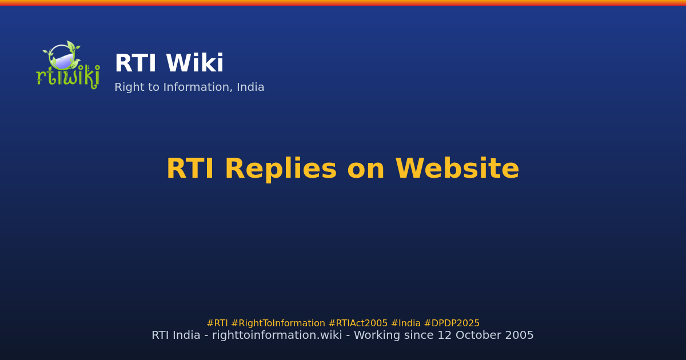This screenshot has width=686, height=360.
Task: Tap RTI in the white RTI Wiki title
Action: [x=135, y=64]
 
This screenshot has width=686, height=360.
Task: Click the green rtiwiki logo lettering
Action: [x=67, y=78]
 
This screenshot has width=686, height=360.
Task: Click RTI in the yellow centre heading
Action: [x=190, y=169]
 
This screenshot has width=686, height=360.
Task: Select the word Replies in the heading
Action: [x=280, y=169]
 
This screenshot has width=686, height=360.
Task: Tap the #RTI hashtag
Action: [x=217, y=323]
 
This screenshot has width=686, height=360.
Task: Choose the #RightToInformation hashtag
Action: [x=278, y=323]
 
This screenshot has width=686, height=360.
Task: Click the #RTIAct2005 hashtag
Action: [x=358, y=323]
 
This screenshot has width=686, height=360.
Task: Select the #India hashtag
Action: [x=405, y=323]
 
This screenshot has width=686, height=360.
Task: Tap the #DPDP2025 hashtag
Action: [x=452, y=323]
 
